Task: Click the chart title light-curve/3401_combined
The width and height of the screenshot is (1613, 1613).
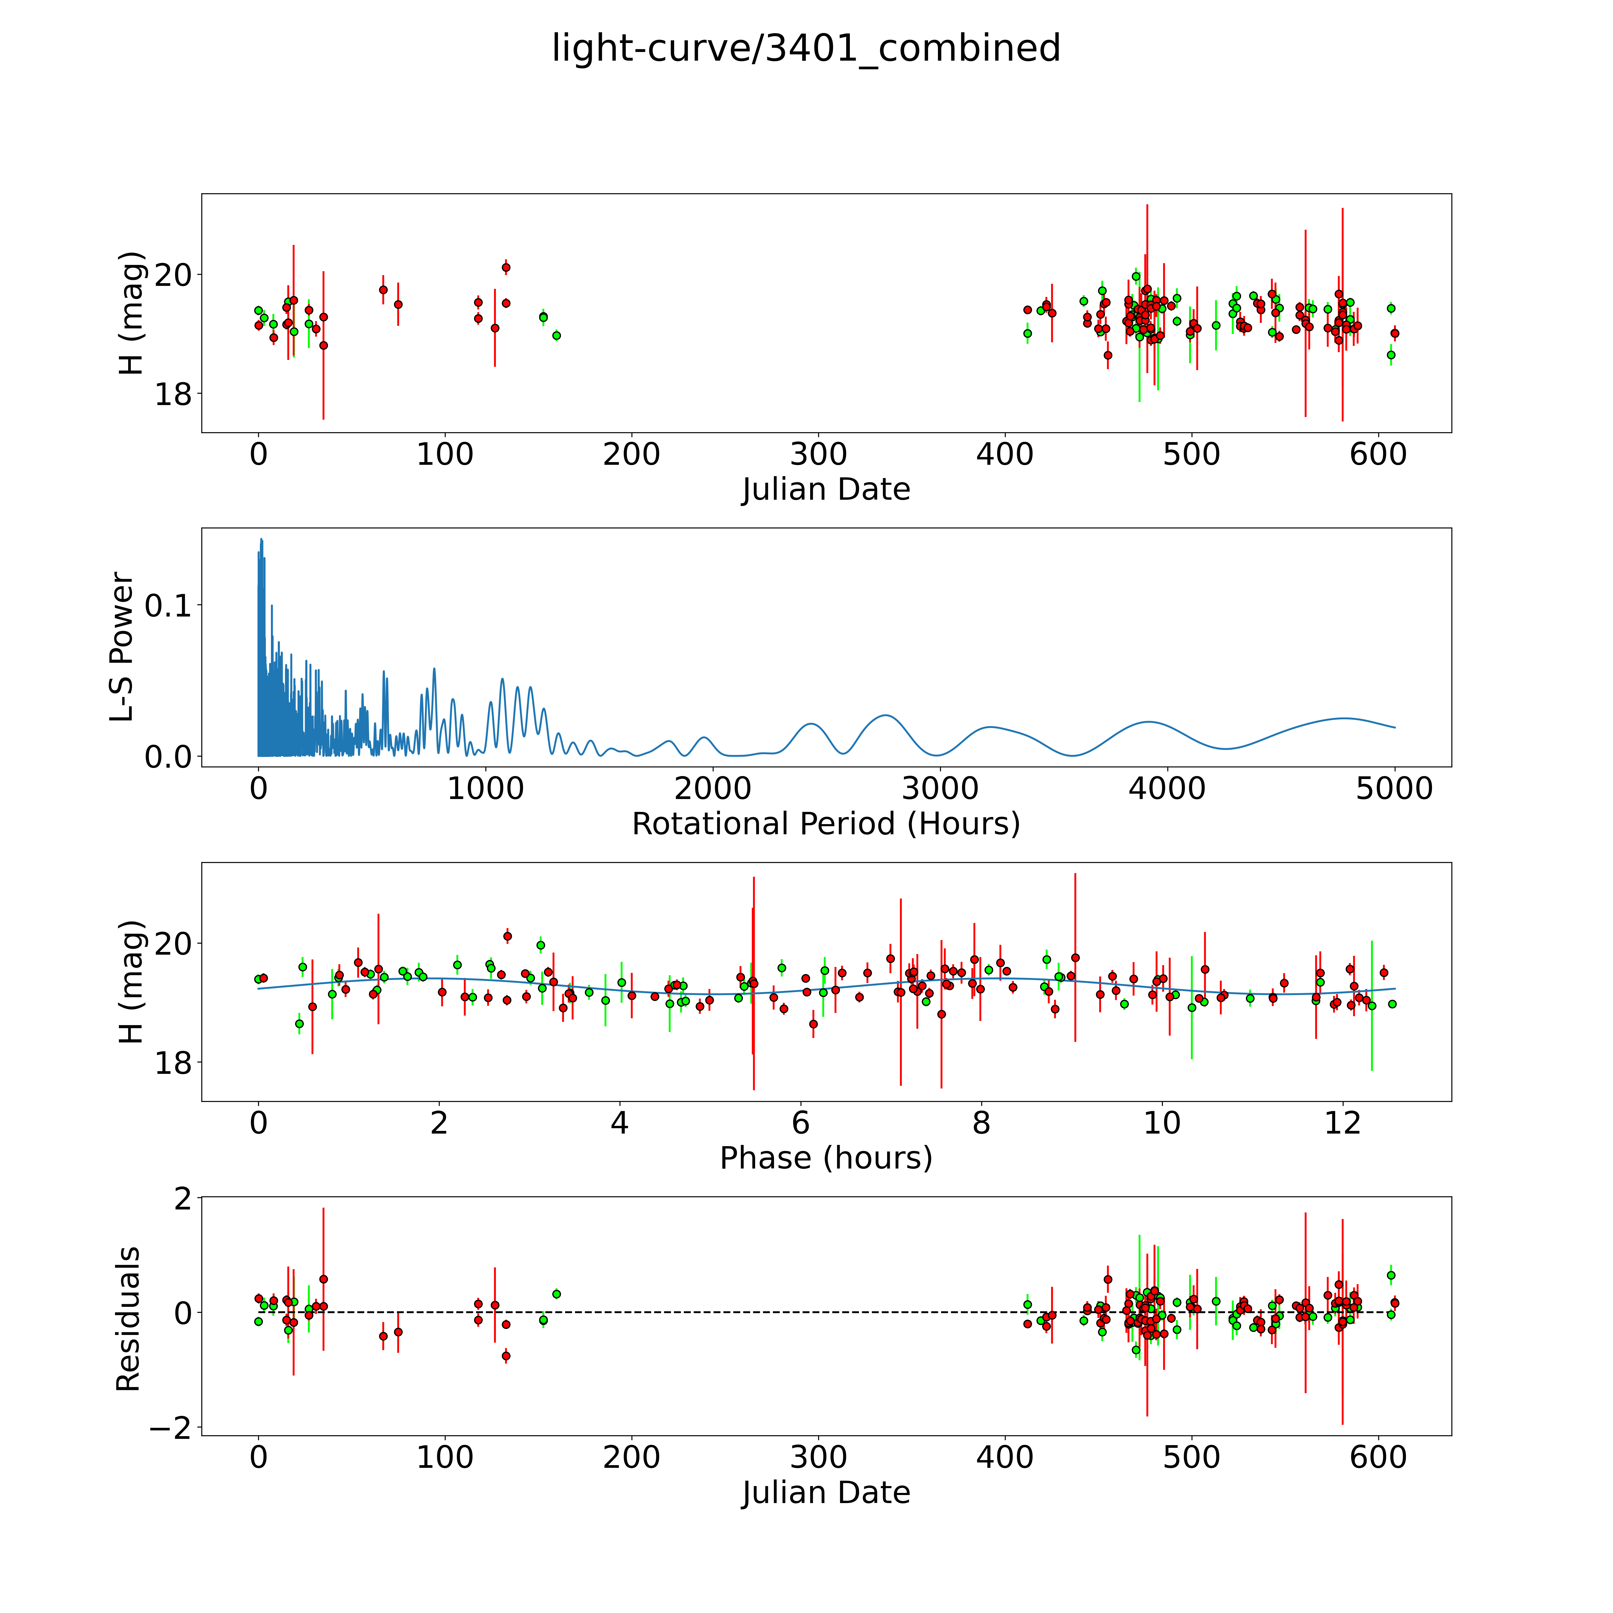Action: coord(806,48)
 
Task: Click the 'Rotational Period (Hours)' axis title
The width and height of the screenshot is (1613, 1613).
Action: coord(826,824)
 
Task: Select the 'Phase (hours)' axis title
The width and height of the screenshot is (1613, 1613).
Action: coord(826,1158)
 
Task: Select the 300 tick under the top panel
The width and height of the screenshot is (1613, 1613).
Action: coord(818,455)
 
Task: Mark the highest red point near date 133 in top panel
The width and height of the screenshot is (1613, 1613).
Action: coord(506,267)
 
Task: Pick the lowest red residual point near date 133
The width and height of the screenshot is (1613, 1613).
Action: coord(506,1356)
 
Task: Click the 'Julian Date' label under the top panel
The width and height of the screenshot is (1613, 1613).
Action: coord(826,489)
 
